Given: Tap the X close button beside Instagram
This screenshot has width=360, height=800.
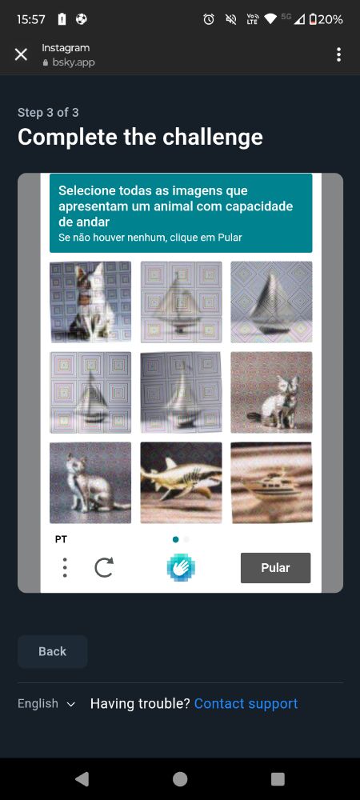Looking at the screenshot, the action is (21, 54).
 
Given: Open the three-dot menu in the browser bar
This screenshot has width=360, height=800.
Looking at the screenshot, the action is (338, 54).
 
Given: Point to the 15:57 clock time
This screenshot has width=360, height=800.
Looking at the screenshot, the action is (31, 19).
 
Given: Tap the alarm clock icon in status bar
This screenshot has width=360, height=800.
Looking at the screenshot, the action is (209, 19).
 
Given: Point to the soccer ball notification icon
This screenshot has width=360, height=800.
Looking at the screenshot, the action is (81, 19).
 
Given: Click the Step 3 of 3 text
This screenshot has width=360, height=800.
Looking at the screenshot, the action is (48, 113).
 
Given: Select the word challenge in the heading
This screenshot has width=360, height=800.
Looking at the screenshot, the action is (213, 137).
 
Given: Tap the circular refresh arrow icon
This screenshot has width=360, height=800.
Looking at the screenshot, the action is (104, 567).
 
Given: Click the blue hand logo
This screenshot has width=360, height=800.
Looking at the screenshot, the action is (181, 567).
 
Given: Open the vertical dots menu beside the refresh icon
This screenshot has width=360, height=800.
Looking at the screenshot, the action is (65, 567).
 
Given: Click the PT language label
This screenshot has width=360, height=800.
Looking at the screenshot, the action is (61, 539).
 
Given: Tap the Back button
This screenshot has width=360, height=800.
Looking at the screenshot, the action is (53, 651).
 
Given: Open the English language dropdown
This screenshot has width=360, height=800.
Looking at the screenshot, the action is (46, 703).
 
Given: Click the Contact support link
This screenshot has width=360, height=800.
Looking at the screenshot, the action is (246, 703).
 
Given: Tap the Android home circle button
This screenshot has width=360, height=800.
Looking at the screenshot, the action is (180, 779).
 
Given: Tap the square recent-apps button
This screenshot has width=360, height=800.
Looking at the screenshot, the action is (278, 779).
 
